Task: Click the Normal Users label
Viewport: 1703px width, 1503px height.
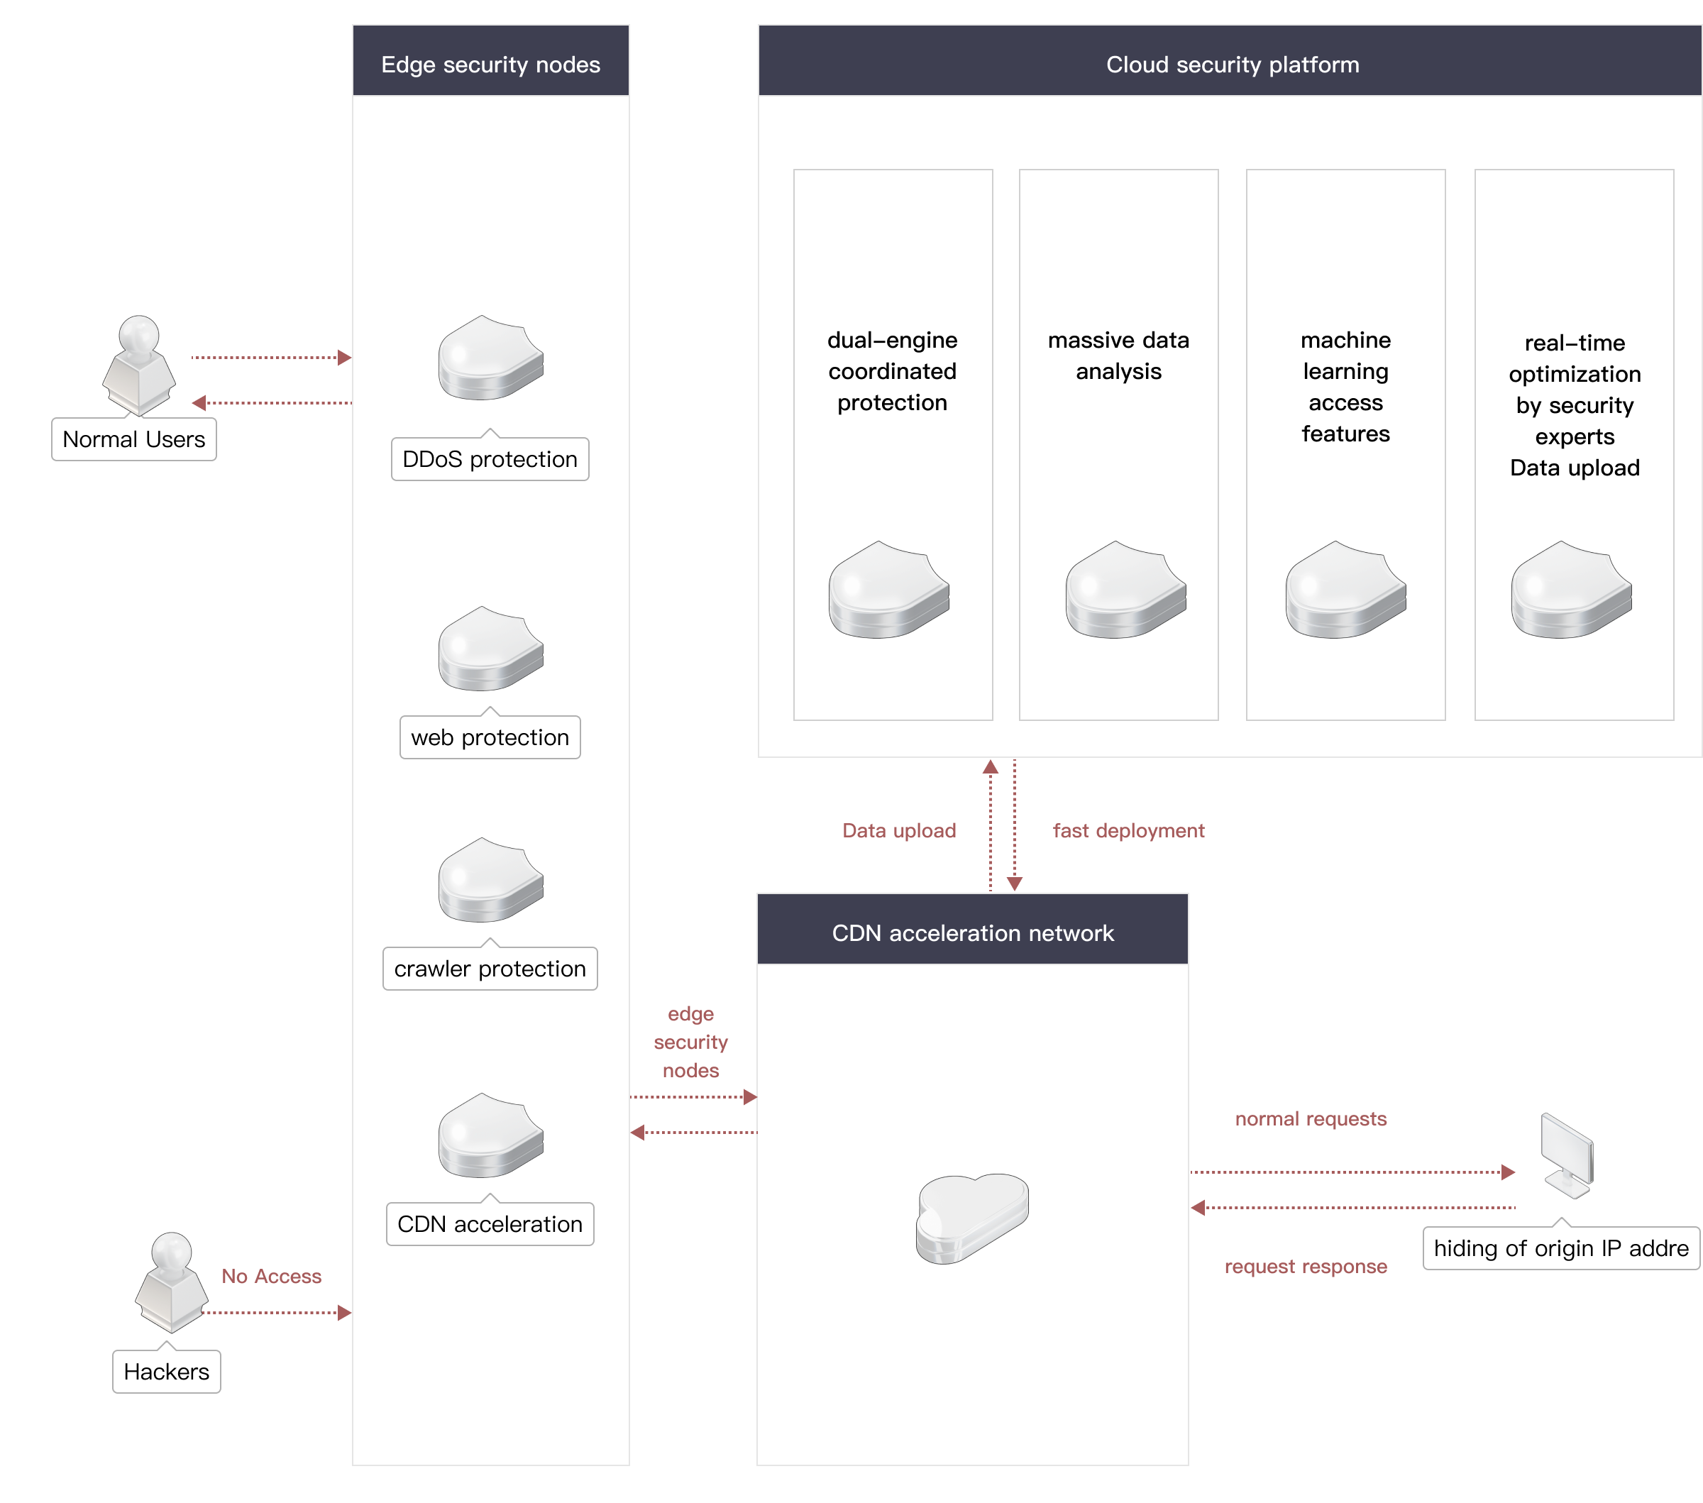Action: [x=134, y=439]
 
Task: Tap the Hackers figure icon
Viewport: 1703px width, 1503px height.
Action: [x=172, y=1282]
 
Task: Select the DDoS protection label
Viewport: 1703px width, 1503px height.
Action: [x=490, y=459]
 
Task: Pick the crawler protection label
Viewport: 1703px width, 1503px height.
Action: [x=490, y=969]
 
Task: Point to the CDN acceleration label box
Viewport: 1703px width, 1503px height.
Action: [x=490, y=1224]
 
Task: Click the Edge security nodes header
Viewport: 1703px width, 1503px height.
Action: [x=491, y=64]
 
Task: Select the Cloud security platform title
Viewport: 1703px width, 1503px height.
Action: [x=1233, y=64]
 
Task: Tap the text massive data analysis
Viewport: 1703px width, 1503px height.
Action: [x=1118, y=356]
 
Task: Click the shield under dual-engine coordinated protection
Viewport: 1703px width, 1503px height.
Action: [x=888, y=590]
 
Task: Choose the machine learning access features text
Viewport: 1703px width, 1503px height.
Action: [x=1345, y=387]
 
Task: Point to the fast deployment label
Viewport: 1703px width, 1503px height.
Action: [x=1128, y=831]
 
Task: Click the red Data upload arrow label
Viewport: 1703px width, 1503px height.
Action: [x=899, y=831]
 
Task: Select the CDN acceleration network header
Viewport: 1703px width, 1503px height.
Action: [x=972, y=933]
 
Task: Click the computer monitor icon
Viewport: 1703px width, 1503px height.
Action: [x=1566, y=1155]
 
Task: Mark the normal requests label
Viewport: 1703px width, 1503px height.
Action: [x=1311, y=1119]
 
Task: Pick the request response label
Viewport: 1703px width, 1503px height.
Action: [x=1306, y=1267]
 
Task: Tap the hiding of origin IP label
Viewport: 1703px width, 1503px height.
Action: [x=1560, y=1248]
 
